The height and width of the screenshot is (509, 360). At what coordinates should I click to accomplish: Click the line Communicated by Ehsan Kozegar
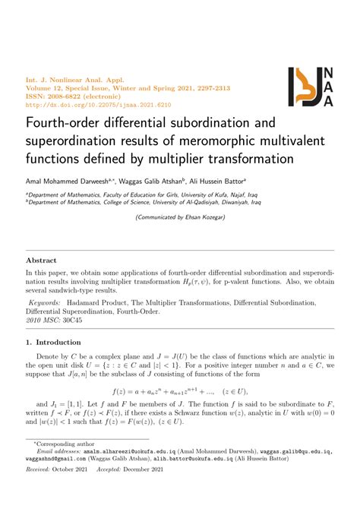coord(179,217)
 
